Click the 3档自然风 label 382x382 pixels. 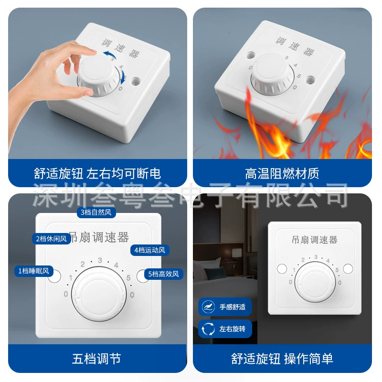[96, 212]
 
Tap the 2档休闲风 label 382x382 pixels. [52, 239]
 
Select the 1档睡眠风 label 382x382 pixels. [34, 271]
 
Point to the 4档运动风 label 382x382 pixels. [150, 250]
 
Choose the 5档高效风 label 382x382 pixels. [163, 274]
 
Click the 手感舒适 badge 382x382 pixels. [225, 307]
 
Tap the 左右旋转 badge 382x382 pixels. [225, 329]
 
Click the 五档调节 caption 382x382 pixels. [97, 359]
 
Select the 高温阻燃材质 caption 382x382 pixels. [282, 173]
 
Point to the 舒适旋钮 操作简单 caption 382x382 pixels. [282, 359]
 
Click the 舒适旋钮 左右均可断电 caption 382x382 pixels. [97, 173]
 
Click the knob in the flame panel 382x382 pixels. [272, 74]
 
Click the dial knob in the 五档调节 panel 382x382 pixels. [99, 294]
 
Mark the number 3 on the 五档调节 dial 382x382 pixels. [100, 260]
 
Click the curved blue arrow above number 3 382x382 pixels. [109, 54]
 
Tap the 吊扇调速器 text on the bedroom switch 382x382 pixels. [315, 240]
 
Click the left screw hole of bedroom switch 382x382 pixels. [282, 268]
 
